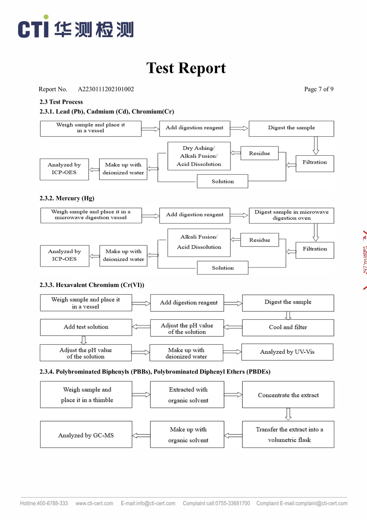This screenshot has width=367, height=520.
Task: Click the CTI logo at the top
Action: [75, 28]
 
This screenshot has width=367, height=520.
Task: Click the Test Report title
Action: [186, 68]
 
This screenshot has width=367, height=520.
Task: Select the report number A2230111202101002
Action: [106, 89]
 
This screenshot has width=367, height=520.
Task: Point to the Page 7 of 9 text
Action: [319, 89]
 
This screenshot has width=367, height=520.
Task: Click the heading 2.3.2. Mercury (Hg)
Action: [67, 198]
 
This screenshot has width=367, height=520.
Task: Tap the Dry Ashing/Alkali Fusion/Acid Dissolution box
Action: [199, 156]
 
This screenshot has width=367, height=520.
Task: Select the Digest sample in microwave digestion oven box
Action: [291, 215]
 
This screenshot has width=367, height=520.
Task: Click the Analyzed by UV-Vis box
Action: [287, 352]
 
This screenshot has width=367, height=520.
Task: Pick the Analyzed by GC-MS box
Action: [86, 435]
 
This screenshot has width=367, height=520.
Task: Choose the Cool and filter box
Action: [288, 327]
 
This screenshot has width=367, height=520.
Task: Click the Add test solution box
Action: [86, 327]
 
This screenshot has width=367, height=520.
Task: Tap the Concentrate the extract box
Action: [288, 395]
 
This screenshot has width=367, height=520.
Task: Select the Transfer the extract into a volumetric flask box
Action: [288, 434]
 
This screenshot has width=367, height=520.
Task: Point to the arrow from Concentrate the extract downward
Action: [288, 414]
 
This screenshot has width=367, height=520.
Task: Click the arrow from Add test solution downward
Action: [83, 340]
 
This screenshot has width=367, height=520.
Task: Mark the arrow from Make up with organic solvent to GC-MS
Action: [141, 435]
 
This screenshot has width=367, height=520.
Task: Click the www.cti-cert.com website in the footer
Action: [94, 503]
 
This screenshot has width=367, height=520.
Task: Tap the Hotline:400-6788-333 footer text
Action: [44, 503]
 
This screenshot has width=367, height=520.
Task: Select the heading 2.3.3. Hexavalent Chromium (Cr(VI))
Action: [92, 285]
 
